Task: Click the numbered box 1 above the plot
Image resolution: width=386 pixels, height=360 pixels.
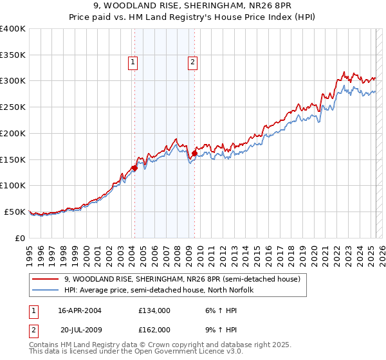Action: [x=132, y=62]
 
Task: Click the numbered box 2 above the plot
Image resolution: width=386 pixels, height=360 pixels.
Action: [x=192, y=62]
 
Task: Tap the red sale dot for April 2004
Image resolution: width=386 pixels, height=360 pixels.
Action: [x=134, y=168]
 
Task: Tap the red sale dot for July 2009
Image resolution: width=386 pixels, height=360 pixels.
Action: [x=194, y=153]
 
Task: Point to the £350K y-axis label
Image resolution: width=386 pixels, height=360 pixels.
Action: [x=12, y=55]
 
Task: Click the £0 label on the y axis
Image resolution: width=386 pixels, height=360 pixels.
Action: [x=19, y=238]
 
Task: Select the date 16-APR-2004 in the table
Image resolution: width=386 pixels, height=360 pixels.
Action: [x=79, y=310]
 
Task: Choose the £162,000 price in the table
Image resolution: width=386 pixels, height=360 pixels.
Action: [x=154, y=329]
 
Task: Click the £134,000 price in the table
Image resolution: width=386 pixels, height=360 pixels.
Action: [x=154, y=310]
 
